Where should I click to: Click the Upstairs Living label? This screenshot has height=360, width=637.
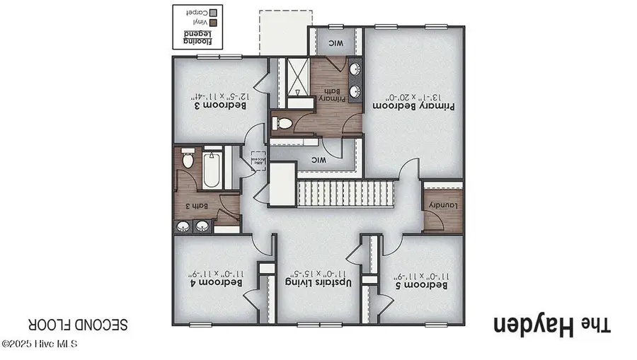318,282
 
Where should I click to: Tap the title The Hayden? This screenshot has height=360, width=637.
551,326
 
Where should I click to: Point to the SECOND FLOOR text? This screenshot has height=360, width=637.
79,325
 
